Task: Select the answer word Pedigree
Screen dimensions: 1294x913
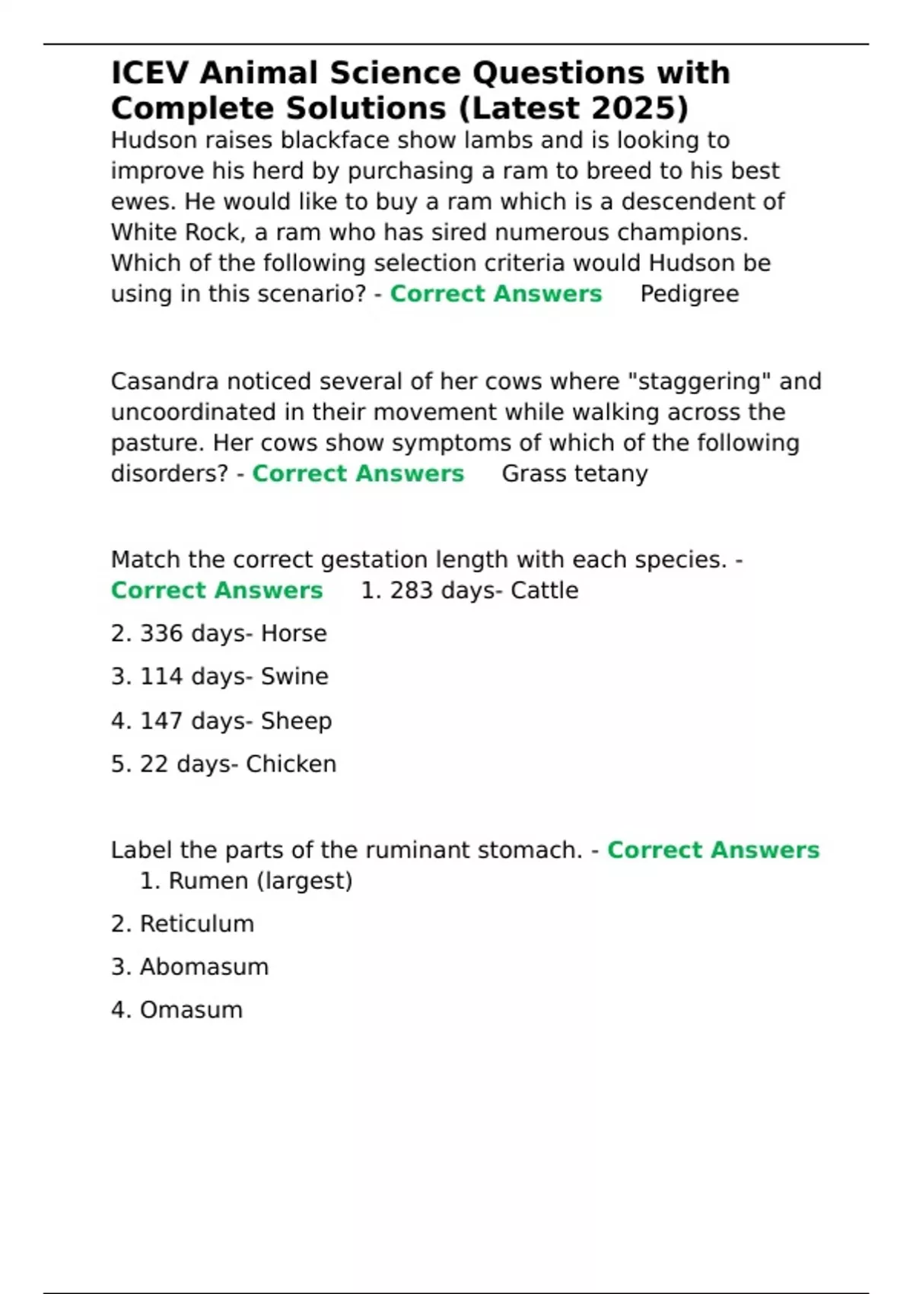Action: coord(689,294)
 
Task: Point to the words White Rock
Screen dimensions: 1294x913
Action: coord(174,232)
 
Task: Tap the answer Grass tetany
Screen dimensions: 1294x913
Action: coord(574,473)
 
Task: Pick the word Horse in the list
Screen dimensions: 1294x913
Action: coord(294,633)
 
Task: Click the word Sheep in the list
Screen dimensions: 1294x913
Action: coord(296,721)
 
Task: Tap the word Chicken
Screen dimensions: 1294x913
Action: coord(291,764)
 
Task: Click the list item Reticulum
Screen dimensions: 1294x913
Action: coord(197,924)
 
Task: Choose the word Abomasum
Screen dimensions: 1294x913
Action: coord(204,967)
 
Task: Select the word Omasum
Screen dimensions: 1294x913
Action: coord(191,1010)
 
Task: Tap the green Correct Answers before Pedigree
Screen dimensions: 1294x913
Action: coord(495,294)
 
